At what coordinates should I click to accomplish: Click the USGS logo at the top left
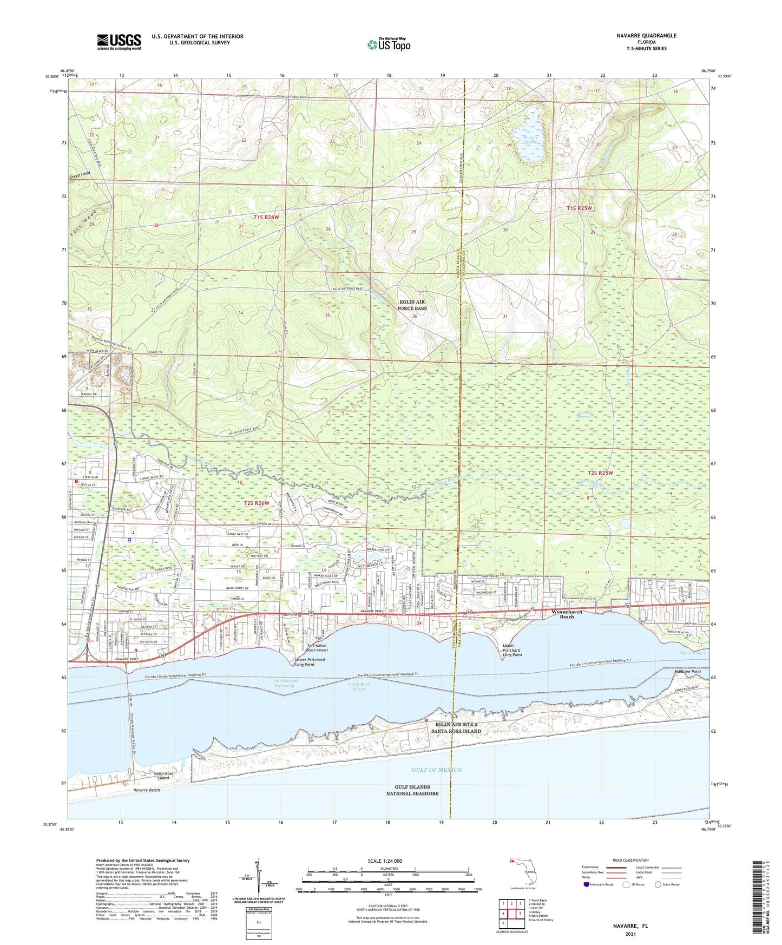tap(119, 41)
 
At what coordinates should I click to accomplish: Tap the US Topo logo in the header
tap(388, 44)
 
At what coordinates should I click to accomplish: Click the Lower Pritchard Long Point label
tap(310, 662)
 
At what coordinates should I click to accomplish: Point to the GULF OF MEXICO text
tap(436, 770)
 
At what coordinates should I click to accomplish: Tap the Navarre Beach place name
tap(146, 790)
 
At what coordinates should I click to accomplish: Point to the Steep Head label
tap(80, 175)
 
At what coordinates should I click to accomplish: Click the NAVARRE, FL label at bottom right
tap(630, 926)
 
